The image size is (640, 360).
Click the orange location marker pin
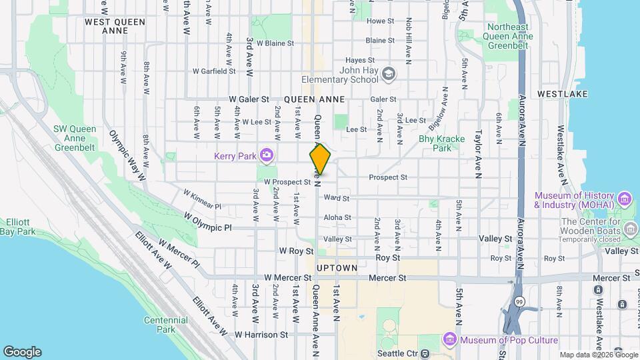click(x=320, y=159)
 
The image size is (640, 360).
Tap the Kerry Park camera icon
click(x=267, y=155)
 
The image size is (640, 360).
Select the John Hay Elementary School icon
click(x=388, y=73)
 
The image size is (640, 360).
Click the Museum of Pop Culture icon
click(x=451, y=340)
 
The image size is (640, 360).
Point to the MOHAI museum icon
click(x=624, y=199)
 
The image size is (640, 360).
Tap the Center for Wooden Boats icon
click(x=630, y=230)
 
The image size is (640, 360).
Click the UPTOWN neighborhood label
click(x=337, y=267)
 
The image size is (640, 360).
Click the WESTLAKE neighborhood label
click(x=562, y=94)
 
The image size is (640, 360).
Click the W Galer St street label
click(x=249, y=99)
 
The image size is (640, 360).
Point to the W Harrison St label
click(x=260, y=334)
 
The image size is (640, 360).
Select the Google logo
click(x=22, y=352)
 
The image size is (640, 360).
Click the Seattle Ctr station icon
click(x=427, y=353)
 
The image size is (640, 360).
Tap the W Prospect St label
click(x=287, y=181)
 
